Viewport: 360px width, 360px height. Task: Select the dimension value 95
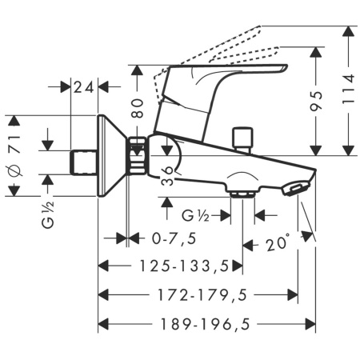coord(318,102)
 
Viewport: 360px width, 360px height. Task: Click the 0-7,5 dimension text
coord(174,238)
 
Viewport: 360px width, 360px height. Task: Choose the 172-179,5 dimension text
coord(197,296)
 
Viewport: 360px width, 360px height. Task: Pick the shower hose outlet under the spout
coord(242,192)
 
